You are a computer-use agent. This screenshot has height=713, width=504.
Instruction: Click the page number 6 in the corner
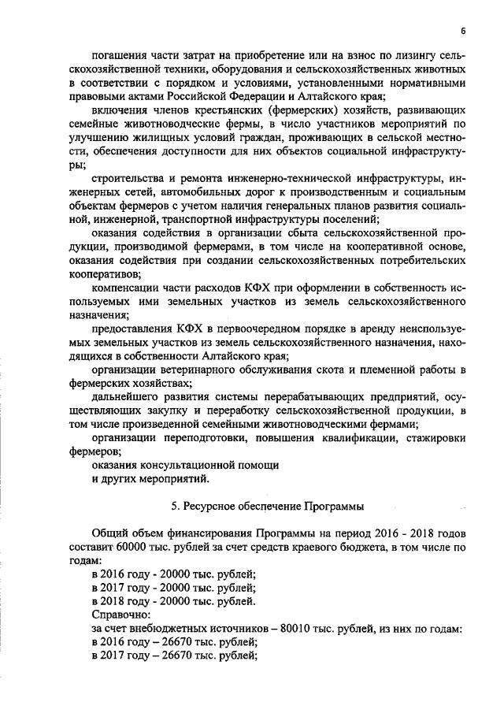[464, 31]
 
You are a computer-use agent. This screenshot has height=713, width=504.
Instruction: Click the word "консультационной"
[196, 465]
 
